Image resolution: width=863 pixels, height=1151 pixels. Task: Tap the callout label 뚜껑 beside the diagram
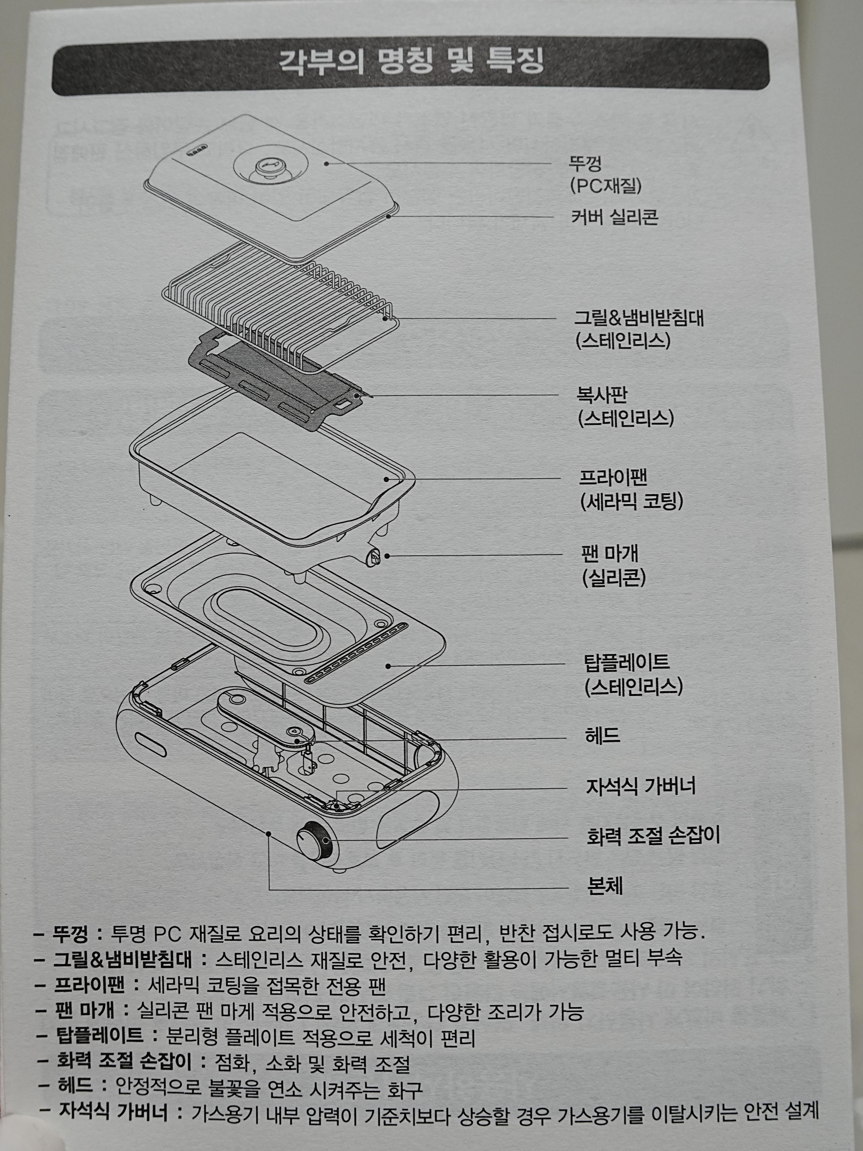click(585, 163)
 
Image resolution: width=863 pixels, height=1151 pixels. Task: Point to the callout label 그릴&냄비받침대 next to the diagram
click(639, 317)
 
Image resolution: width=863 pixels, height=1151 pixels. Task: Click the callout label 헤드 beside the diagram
click(602, 736)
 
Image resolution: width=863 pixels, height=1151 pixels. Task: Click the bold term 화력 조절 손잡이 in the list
click(124, 1061)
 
